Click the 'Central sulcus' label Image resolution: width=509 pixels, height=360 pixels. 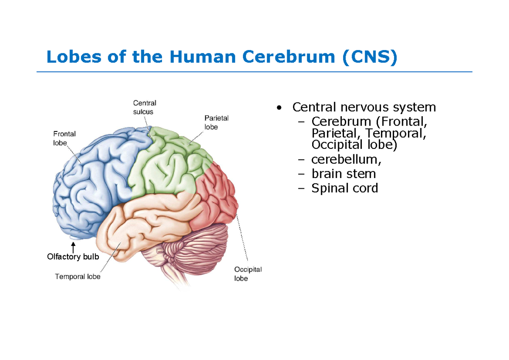[x=144, y=107]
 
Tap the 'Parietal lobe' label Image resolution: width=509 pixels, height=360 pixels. [x=216, y=122]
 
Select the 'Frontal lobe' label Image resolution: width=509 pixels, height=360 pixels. [x=64, y=138]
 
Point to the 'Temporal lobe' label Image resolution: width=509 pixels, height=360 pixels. [x=78, y=276]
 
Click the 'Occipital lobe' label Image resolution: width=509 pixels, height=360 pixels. [x=248, y=274]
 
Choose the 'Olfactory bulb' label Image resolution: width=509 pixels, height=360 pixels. [x=73, y=257]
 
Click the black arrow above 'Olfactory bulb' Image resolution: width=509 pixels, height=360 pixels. [x=73, y=246]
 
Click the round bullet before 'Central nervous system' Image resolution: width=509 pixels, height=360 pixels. [x=278, y=108]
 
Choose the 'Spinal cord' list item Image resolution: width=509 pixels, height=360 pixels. [x=344, y=188]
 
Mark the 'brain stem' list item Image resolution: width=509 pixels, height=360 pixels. [x=344, y=174]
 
